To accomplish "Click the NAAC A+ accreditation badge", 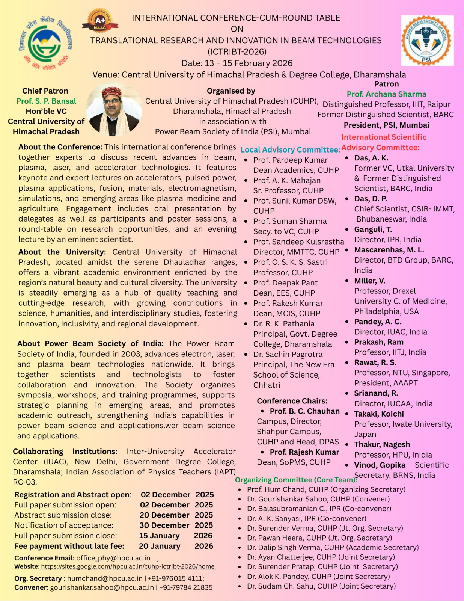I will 100,21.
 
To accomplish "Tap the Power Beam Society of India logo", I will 427,41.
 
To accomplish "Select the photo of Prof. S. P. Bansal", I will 114,110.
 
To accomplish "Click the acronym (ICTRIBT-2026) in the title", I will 237,52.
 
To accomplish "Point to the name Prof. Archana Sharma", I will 386,94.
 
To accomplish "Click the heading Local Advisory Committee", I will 290,149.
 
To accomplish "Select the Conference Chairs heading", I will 292,401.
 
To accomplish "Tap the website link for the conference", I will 128,566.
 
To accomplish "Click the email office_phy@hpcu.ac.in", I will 113,558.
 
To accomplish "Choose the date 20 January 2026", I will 176,546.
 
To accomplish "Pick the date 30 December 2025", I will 176,525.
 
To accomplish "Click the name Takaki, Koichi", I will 379,414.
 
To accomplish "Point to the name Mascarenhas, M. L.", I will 389,250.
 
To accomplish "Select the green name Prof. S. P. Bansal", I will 46,101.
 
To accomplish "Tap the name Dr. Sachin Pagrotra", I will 288,354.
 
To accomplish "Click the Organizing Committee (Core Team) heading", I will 296,480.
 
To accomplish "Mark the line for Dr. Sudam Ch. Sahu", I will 321,586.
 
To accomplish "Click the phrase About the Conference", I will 60,147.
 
